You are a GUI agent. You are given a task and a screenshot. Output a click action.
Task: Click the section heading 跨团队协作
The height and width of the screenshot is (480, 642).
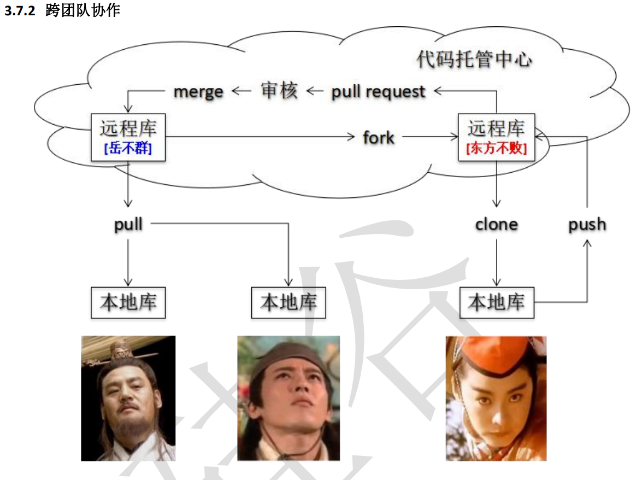(x=83, y=11)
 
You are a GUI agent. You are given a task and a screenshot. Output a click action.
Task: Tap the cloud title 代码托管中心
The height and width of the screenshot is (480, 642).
(x=474, y=59)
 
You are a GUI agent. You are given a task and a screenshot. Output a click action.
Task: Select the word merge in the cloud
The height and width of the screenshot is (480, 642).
(x=198, y=92)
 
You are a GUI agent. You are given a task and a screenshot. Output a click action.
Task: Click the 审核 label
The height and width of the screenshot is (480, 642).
(x=279, y=91)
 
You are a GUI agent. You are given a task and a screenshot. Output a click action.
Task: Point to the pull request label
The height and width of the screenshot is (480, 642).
(x=378, y=92)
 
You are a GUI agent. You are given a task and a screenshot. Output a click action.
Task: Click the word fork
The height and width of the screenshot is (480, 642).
(x=378, y=137)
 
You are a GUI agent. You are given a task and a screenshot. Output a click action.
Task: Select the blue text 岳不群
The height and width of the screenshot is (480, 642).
(x=128, y=148)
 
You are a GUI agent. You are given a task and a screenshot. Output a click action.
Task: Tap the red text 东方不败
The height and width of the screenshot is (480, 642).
(x=496, y=148)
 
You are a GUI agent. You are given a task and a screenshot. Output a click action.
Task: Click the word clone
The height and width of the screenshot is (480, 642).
(x=496, y=224)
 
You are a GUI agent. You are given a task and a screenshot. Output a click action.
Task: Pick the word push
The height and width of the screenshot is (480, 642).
(x=587, y=224)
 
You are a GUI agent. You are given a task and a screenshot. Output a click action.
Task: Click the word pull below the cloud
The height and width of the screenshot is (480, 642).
(x=128, y=224)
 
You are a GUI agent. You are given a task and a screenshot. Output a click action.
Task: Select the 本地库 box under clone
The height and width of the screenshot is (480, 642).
(x=496, y=302)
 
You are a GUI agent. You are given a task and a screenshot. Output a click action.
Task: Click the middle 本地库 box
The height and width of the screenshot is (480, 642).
(x=288, y=302)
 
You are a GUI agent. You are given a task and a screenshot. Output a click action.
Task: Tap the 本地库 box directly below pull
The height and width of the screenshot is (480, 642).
(x=128, y=302)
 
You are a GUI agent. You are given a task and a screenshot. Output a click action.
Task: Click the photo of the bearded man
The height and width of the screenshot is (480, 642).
(x=128, y=398)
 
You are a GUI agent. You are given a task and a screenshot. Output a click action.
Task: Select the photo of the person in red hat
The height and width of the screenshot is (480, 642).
(x=496, y=398)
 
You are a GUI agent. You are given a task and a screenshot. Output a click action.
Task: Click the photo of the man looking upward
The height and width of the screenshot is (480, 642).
(x=288, y=398)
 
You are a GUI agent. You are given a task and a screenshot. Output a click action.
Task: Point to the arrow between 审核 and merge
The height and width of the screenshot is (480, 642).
(x=241, y=91)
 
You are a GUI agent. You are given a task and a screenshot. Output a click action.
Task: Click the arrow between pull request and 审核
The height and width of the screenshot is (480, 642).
(x=314, y=91)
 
